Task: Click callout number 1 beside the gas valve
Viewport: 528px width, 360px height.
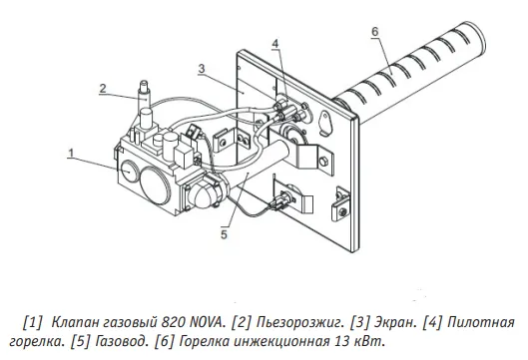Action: pos(71,154)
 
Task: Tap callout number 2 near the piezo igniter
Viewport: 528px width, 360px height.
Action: pos(103,88)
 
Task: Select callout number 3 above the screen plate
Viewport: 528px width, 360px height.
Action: pos(202,69)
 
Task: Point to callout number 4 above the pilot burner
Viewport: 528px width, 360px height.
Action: pos(275,44)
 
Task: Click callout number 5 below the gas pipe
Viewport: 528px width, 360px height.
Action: pos(225,234)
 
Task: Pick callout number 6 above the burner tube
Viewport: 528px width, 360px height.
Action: pos(375,31)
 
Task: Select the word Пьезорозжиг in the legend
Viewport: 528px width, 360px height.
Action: pos(299,323)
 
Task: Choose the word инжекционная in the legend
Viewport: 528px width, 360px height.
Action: pos(281,342)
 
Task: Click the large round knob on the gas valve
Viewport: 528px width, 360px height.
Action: pos(155,185)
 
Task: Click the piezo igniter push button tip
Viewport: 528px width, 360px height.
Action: pos(144,83)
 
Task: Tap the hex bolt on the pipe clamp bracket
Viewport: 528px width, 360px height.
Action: pos(322,162)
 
